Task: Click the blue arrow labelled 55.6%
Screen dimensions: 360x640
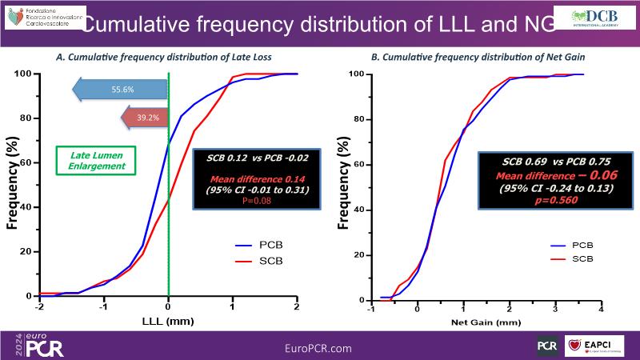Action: (120, 90)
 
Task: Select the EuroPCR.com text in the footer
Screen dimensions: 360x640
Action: (318, 348)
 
